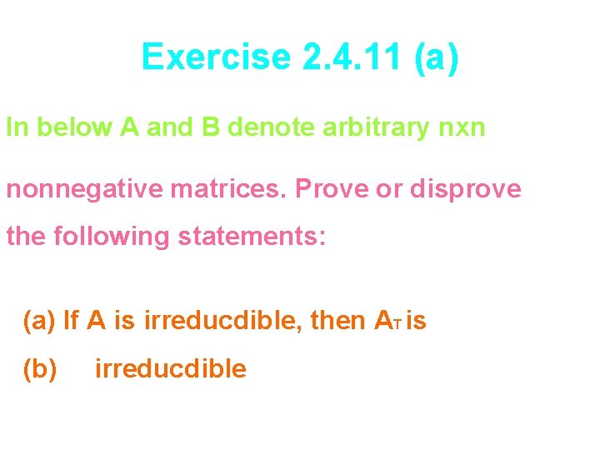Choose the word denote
(267, 127)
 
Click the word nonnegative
(82, 190)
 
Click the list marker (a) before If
(39, 320)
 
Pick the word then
(337, 320)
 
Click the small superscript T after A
(400, 324)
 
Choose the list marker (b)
(39, 368)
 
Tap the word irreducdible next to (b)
(171, 368)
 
